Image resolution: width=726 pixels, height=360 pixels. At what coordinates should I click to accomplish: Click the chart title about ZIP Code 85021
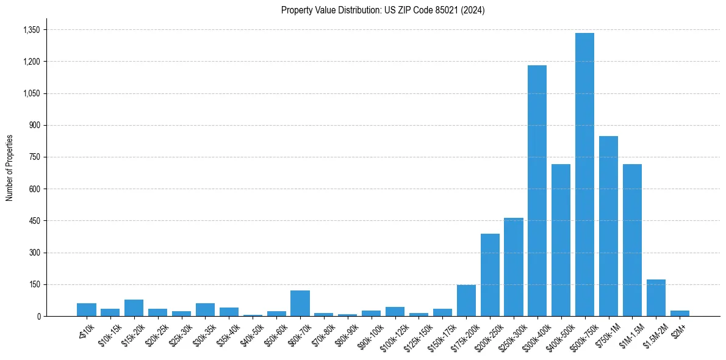pyautogui.click(x=383, y=10)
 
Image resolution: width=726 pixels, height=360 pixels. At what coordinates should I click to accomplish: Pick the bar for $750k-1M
pyautogui.click(x=608, y=226)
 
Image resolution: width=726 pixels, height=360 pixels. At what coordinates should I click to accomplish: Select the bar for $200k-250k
pyautogui.click(x=490, y=275)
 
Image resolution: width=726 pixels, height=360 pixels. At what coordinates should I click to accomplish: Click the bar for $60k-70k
pyautogui.click(x=300, y=303)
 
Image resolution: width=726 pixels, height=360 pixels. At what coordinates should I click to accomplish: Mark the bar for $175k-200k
pyautogui.click(x=466, y=300)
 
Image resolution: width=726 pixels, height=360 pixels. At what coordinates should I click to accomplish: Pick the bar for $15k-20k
pyautogui.click(x=134, y=308)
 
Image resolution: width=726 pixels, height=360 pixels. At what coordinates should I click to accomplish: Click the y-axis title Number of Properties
pyautogui.click(x=10, y=167)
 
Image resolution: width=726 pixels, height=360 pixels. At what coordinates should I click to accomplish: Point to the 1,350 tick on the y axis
pyautogui.click(x=31, y=30)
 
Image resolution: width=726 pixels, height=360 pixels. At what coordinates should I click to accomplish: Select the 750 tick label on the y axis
pyautogui.click(x=34, y=157)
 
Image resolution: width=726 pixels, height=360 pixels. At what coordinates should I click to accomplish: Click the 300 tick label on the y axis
pyautogui.click(x=34, y=253)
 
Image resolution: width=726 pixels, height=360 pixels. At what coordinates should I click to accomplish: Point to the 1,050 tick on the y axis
pyautogui.click(x=31, y=93)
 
